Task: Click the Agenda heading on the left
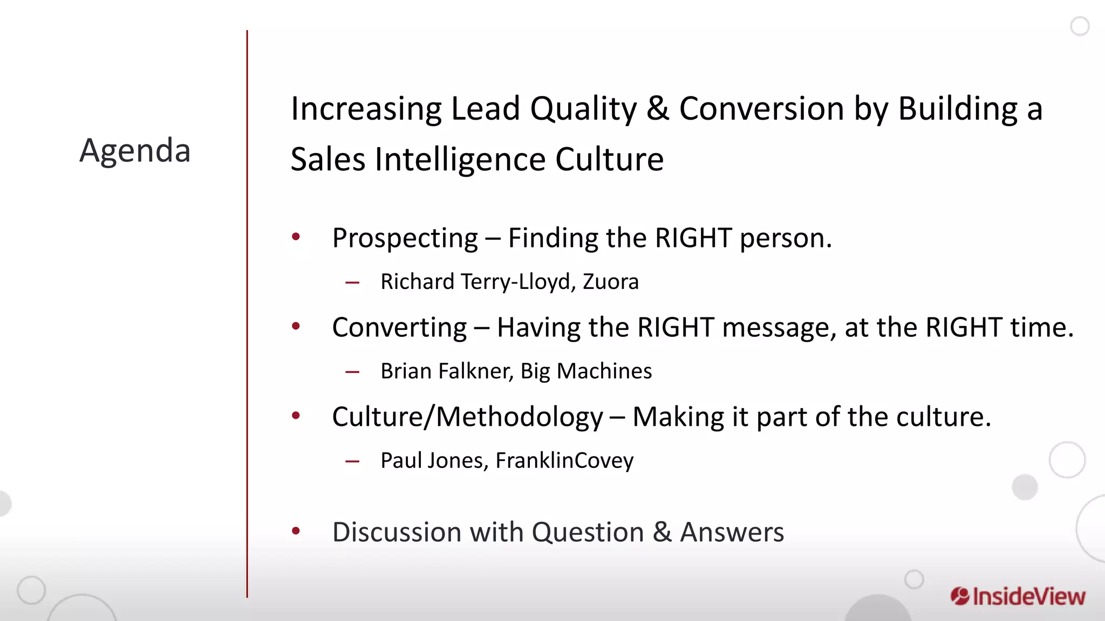coord(135,150)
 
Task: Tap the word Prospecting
coord(405,238)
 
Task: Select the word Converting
coord(399,328)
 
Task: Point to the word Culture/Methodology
coord(467,417)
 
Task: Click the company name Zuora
coord(610,282)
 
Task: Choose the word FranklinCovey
coord(564,461)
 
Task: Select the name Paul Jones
coord(434,461)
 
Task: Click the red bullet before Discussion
coord(296,532)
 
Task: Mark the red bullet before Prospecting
coord(296,237)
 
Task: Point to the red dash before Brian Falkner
coord(352,371)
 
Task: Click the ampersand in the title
coord(657,108)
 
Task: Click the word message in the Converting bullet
coord(779,328)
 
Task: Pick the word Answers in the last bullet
coord(732,533)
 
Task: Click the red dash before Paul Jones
coord(352,461)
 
